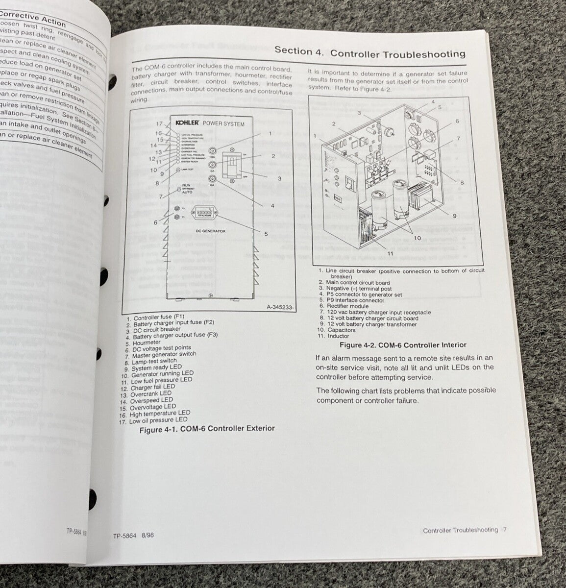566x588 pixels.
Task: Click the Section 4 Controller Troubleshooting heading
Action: point(369,52)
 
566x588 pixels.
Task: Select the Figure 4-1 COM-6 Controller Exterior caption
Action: point(207,429)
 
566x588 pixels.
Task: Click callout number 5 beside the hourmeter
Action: point(266,234)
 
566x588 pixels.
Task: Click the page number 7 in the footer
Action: point(505,530)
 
